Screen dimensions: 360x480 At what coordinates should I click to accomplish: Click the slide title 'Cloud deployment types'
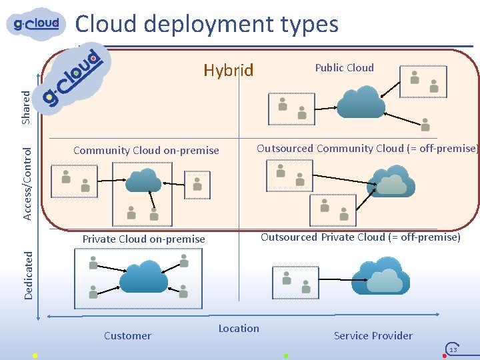click(207, 24)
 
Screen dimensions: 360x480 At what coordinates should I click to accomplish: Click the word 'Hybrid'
click(229, 70)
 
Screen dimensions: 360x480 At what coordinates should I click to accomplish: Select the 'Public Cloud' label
click(344, 67)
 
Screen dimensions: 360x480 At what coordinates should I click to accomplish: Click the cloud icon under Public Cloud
click(361, 103)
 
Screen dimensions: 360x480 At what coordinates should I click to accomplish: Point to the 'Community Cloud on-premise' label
click(146, 150)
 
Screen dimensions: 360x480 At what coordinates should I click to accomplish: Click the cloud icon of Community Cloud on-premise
click(143, 180)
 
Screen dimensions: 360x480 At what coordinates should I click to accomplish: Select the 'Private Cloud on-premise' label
click(143, 239)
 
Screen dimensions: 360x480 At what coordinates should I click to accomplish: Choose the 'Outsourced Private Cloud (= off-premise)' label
click(360, 237)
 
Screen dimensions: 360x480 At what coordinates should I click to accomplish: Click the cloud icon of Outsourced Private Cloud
click(380, 275)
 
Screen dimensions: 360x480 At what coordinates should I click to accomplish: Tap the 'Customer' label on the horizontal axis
click(127, 335)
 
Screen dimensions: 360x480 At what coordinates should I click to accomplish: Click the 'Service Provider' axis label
click(373, 335)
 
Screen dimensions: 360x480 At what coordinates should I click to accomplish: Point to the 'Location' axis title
click(239, 328)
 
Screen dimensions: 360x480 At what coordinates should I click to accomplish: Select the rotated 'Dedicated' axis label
click(28, 274)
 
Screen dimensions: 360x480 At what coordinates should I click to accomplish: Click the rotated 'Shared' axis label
click(26, 107)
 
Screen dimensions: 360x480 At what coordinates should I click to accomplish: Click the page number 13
click(453, 349)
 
